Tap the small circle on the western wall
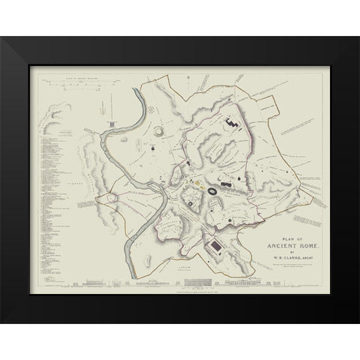112,197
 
